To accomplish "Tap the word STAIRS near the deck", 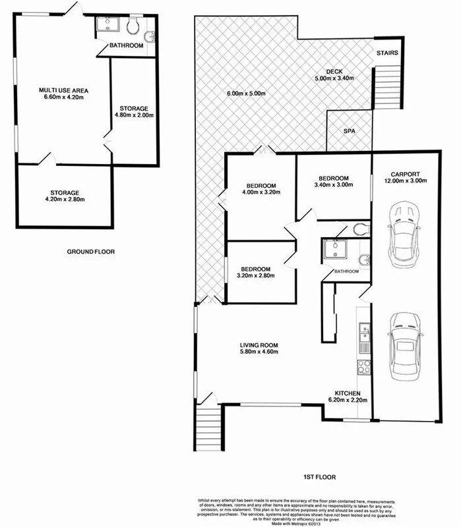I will [386, 53].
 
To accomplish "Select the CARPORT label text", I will [404, 174].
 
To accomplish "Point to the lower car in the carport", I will [404, 345].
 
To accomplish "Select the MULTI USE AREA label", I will [63, 90].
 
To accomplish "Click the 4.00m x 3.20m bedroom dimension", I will [258, 194].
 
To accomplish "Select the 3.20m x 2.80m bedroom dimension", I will [257, 276].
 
